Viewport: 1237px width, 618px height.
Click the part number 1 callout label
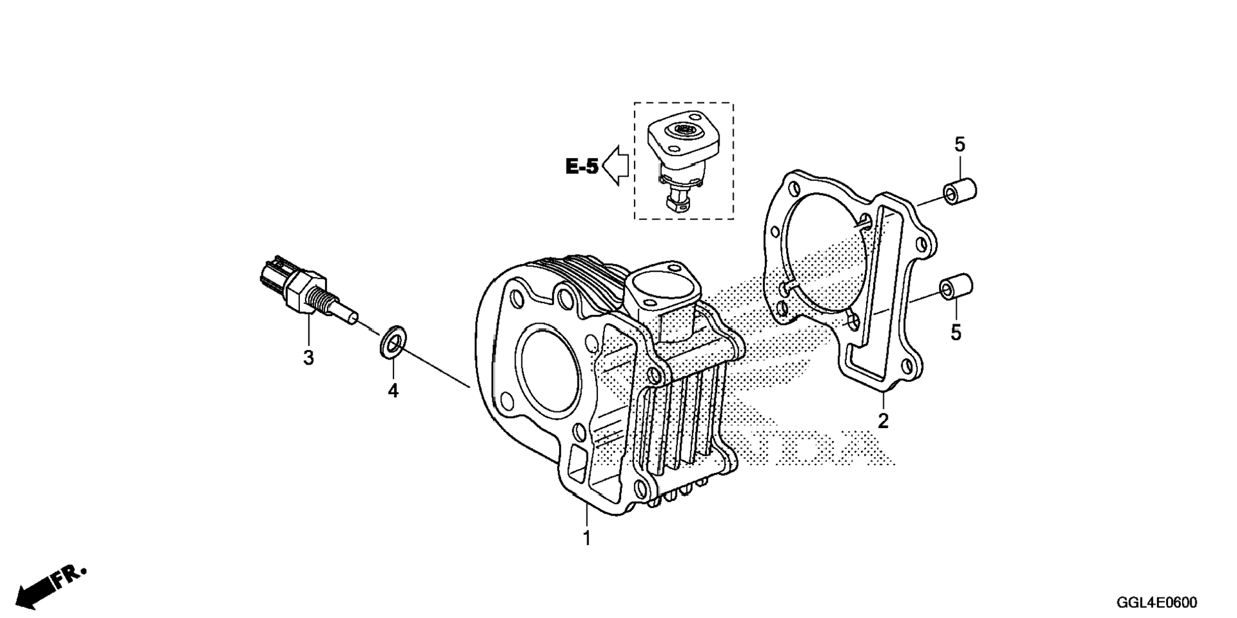coord(586,538)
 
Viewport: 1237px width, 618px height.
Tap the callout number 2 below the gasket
coord(883,421)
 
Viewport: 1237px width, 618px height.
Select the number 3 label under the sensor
coord(308,358)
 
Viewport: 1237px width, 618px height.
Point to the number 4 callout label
coord(393,390)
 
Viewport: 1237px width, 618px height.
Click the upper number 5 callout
coord(959,145)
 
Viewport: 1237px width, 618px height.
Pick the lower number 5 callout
coord(956,333)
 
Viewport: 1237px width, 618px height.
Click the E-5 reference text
coord(582,167)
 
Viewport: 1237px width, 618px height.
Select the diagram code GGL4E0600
coord(1156,603)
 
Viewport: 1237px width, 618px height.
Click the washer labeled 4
coord(393,341)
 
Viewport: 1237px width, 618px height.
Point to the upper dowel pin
coord(959,193)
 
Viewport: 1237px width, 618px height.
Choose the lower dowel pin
coord(956,287)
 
